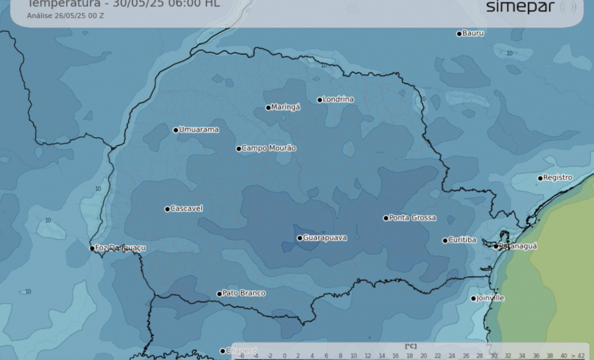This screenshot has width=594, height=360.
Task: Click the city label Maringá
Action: (286, 107)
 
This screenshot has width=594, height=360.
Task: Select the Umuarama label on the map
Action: (199, 130)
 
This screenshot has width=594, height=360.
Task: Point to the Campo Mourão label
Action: (269, 149)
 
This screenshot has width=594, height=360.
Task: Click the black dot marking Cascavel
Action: (167, 209)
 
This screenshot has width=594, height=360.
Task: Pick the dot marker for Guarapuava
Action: (300, 238)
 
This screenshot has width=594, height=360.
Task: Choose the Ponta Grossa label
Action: (412, 218)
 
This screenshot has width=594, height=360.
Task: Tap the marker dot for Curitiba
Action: (445, 241)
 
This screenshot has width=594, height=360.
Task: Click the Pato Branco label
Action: (243, 294)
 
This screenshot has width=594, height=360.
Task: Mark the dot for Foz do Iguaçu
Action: (92, 248)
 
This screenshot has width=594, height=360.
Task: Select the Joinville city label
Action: (490, 298)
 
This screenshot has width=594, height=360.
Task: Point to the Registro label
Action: (558, 178)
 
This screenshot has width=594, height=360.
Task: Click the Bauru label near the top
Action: (473, 33)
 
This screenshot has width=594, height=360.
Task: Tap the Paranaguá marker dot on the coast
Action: (496, 246)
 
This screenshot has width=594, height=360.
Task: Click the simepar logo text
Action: (520, 7)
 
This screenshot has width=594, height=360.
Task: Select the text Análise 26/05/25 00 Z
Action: (65, 16)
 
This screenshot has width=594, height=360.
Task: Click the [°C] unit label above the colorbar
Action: (410, 346)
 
